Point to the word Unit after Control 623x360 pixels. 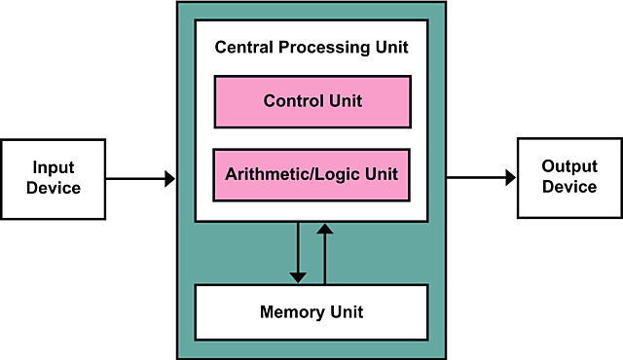343,101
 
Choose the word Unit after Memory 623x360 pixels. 345,312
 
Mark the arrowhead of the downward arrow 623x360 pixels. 298,276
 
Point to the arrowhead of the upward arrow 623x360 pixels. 325,230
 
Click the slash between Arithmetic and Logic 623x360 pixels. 302,176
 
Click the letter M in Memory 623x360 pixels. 267,312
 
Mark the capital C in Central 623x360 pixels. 220,47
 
